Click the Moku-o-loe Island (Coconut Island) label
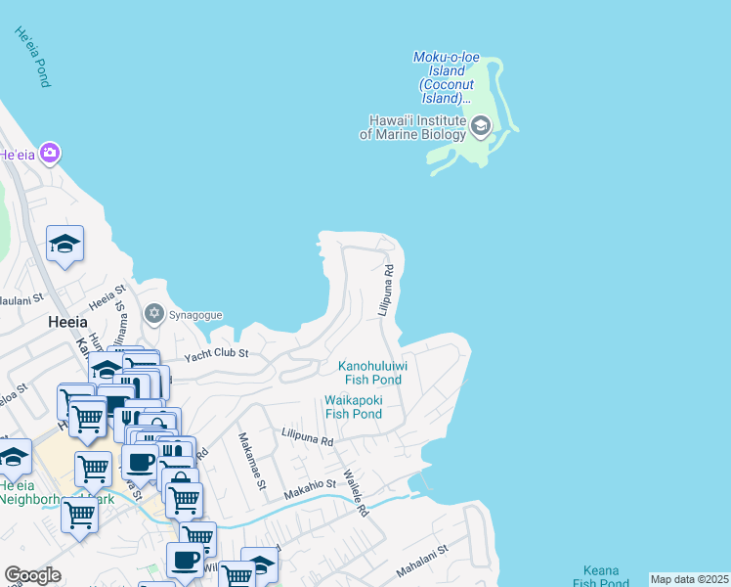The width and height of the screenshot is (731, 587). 445,77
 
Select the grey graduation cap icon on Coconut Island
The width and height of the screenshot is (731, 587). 480,126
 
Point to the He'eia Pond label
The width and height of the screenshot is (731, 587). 31,57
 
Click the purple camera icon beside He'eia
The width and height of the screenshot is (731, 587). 50,154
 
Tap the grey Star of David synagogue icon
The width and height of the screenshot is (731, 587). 153,314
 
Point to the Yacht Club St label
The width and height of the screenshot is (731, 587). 217,353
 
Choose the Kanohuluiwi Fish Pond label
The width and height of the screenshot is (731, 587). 371,373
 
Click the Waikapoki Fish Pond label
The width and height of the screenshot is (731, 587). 354,407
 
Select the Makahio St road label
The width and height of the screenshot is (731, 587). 310,488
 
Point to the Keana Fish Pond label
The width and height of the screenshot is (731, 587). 600,576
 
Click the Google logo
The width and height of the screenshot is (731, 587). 32,575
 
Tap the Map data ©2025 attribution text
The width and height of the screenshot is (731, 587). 689,579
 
